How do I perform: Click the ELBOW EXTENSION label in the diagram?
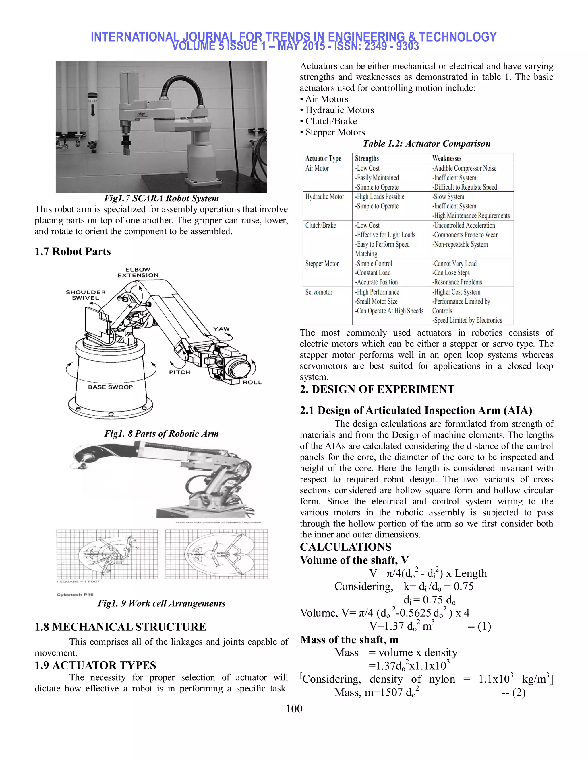[x=138, y=272]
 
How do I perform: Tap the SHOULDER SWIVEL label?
[x=86, y=295]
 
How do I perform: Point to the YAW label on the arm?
[x=222, y=329]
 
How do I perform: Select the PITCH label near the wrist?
[x=180, y=372]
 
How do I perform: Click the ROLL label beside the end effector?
[x=252, y=382]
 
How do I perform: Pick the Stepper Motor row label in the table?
[x=322, y=264]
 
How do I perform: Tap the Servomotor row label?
[x=319, y=292]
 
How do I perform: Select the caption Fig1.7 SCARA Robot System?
[x=161, y=198]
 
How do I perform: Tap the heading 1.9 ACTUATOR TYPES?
[x=95, y=665]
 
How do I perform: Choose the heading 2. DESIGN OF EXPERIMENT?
[x=377, y=389]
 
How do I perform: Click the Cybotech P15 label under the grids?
[x=75, y=594]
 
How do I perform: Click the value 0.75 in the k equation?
[x=463, y=586]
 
